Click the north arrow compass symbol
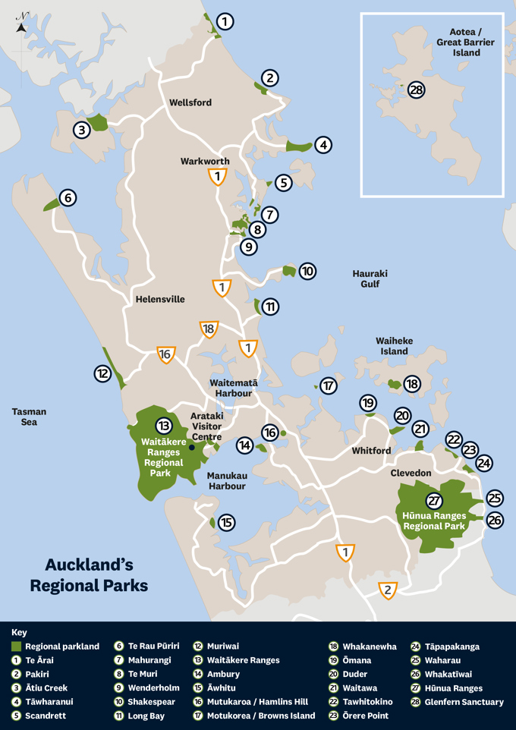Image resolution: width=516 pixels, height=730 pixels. tap(22, 24)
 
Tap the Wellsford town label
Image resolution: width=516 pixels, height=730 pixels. tap(190, 102)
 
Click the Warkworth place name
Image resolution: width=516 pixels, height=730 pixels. tap(205, 162)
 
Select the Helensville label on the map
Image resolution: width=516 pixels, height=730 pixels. tap(160, 299)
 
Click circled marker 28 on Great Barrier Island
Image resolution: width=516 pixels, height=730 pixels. tap(416, 90)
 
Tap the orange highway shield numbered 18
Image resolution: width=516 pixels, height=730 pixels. tap(209, 329)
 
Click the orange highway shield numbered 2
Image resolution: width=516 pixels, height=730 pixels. tap(388, 590)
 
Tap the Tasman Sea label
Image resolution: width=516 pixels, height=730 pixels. tap(29, 417)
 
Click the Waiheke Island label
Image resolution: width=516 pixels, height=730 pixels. tap(394, 346)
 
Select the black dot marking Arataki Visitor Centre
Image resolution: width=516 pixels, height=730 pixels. tap(192, 448)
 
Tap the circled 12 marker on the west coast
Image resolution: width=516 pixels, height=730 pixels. tap(103, 373)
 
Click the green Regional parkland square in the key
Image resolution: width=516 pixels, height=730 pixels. tap(16, 647)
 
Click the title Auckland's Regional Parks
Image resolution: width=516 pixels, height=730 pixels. tap(89, 574)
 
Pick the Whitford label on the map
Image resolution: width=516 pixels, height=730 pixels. tap(371, 451)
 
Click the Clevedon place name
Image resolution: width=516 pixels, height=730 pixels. tap(411, 473)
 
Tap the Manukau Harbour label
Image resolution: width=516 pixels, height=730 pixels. tap(226, 480)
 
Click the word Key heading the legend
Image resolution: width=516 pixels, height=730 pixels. tap(19, 632)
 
